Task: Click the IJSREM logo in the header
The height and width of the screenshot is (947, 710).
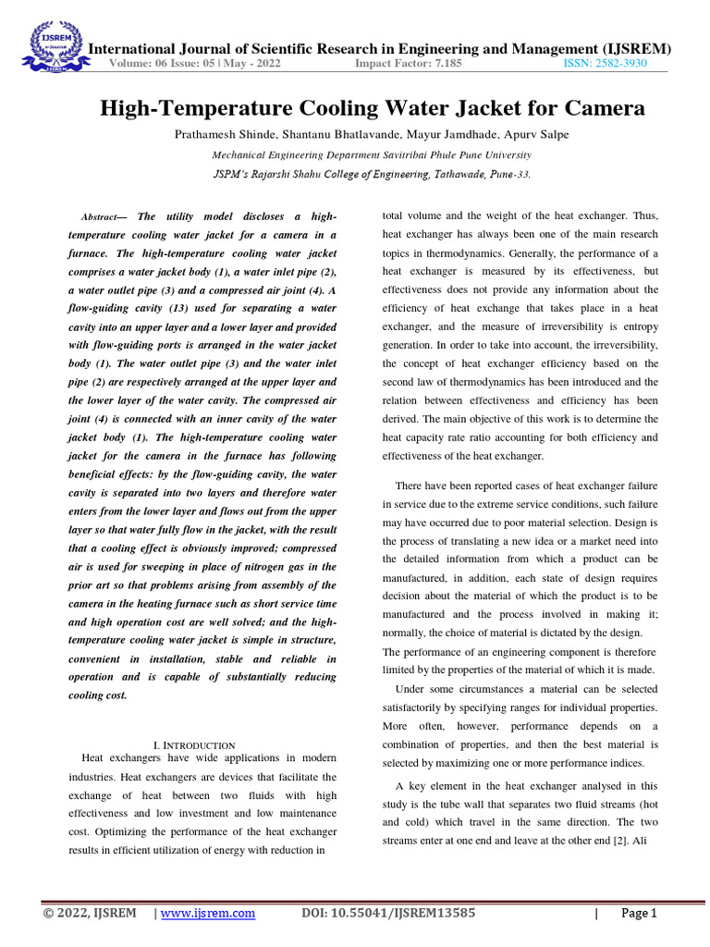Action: tap(48, 46)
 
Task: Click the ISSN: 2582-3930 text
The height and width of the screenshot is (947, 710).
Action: tap(605, 64)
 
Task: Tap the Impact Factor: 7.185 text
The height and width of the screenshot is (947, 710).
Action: tap(409, 64)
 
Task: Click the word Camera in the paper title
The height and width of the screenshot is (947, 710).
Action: tap(601, 109)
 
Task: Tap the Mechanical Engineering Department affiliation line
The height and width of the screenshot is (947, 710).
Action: tap(372, 155)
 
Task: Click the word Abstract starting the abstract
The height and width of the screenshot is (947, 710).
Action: tap(104, 216)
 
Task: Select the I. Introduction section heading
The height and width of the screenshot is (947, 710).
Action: tap(193, 745)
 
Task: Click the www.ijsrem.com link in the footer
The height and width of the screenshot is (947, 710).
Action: tap(208, 914)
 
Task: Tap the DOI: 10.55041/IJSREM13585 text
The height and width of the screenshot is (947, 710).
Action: tap(389, 914)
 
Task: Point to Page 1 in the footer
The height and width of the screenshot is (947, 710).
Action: tap(638, 914)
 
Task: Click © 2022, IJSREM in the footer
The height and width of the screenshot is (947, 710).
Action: tap(90, 914)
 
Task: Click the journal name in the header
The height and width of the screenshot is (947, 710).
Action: tap(378, 48)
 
